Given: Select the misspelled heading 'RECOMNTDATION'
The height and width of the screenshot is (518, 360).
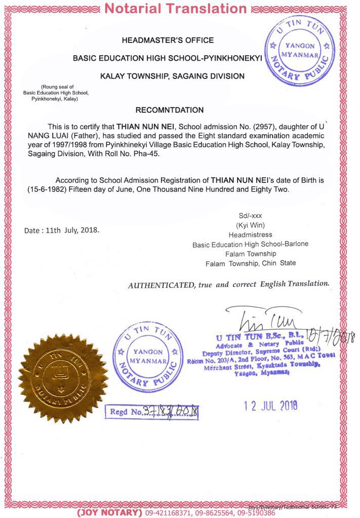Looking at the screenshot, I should tap(170, 110).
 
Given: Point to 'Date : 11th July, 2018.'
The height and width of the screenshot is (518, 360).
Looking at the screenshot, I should tap(62, 230).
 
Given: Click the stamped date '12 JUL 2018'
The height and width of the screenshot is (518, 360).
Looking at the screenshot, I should tap(268, 405).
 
